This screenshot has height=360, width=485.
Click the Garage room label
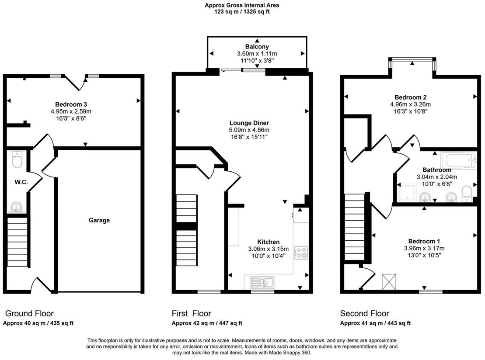[x=99, y=220]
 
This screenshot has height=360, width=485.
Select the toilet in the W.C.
[x=17, y=160]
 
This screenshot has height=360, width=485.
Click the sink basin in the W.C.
[x=17, y=207]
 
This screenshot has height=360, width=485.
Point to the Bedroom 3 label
[x=71, y=104]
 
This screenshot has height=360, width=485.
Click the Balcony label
[x=257, y=46]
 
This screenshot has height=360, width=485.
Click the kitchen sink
[x=262, y=282]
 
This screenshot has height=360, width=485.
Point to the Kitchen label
[x=268, y=242]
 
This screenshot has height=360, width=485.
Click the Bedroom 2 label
[x=410, y=97]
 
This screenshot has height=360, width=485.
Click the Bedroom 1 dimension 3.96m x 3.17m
[x=424, y=248]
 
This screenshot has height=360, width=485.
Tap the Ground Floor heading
[x=29, y=313]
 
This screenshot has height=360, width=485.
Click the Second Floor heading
[x=364, y=313]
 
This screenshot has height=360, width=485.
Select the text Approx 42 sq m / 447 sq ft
[x=206, y=323]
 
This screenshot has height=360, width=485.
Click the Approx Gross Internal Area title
[x=242, y=5]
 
